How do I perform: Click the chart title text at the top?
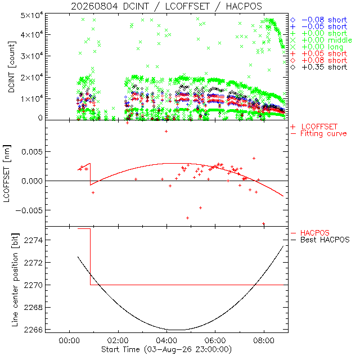[166, 6]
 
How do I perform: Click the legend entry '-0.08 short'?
[319, 20]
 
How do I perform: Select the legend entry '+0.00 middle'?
[321, 40]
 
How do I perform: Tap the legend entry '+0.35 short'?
[319, 67]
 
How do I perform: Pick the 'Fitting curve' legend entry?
[319, 133]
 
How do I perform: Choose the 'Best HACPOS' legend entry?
[320, 240]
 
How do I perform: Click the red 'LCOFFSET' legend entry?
[314, 127]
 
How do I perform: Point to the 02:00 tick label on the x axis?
[118, 340]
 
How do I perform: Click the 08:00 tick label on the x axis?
[264, 340]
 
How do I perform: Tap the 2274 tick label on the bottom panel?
[33, 240]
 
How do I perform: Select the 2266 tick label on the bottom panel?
[33, 330]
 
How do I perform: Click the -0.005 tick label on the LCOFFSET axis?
[29, 210]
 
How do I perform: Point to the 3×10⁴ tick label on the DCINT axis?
[31, 55]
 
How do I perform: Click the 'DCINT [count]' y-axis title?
[11, 67]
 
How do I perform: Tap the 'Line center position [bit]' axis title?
[15, 280]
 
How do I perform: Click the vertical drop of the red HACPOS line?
[90, 256]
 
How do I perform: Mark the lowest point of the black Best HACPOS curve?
[179, 330]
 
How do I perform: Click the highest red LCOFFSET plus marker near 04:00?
[166, 131]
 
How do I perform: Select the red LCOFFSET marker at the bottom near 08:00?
[264, 223]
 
